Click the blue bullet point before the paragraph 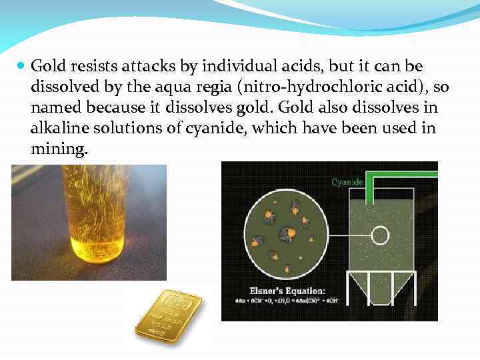pyautogui.click(x=21, y=67)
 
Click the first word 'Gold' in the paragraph pyautogui.click(x=46, y=67)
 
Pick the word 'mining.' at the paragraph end pyautogui.click(x=59, y=149)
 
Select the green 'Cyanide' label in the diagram pyautogui.click(x=347, y=181)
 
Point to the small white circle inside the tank pyautogui.click(x=380, y=235)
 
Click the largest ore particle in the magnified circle pyautogui.click(x=287, y=234)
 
